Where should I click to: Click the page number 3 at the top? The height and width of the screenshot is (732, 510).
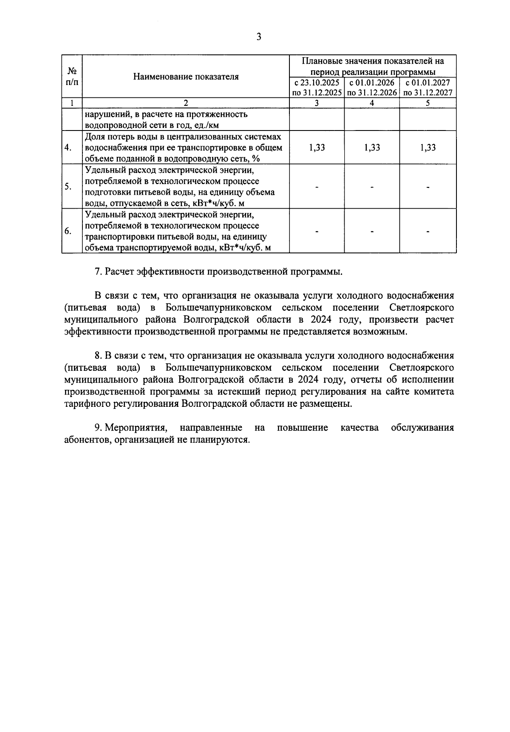(x=258, y=37)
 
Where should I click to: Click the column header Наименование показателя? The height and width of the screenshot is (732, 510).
(x=186, y=77)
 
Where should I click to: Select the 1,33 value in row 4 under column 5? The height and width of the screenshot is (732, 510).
(x=428, y=148)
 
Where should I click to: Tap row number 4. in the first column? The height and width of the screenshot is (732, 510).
(x=68, y=148)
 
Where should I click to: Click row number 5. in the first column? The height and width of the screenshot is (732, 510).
(x=68, y=187)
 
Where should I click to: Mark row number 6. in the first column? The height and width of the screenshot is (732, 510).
(x=68, y=231)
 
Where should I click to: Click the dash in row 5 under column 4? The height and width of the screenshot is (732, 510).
(x=372, y=187)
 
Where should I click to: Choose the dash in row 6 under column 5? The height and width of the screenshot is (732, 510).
(x=428, y=232)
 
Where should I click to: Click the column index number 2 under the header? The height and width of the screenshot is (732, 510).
(x=186, y=103)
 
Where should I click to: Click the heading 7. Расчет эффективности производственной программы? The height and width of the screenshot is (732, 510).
(x=218, y=272)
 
